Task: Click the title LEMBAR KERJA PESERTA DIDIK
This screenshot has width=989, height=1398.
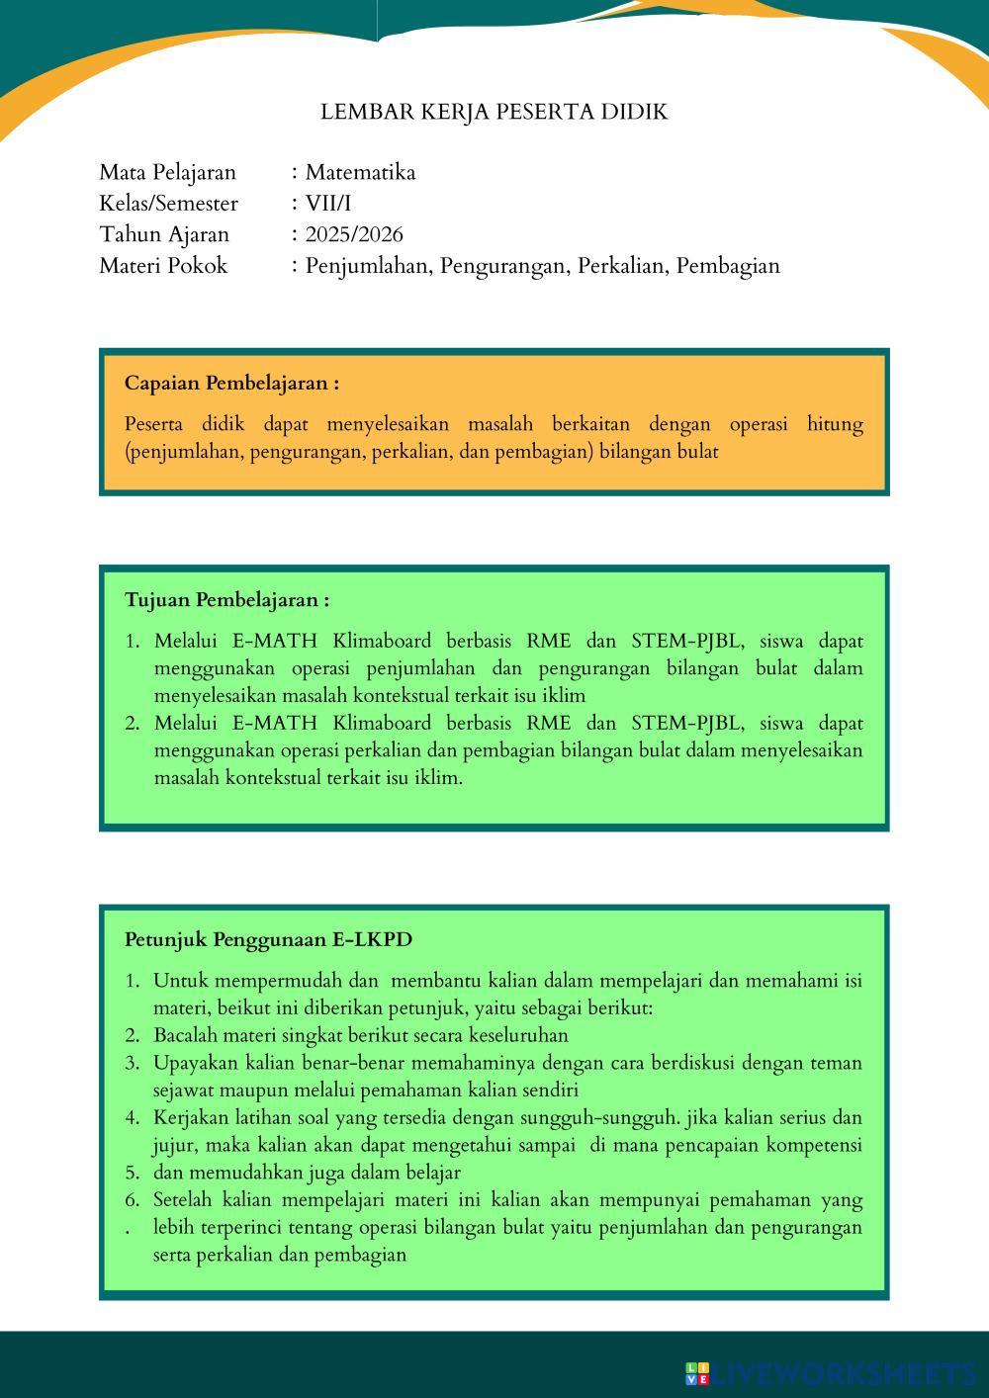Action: coord(494,112)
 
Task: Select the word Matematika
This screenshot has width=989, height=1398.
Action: coord(360,172)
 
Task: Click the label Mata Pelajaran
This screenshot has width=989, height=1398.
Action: coord(167,172)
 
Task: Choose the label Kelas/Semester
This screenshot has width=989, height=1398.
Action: coord(168,204)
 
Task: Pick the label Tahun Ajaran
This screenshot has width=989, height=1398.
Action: coord(163,234)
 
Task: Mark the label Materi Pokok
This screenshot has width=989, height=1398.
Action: coord(162,266)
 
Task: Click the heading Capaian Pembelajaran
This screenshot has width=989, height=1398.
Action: coord(231,383)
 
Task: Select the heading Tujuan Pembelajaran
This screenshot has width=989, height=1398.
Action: coord(226,599)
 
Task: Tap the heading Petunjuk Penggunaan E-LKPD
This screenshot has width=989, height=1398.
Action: coord(268,939)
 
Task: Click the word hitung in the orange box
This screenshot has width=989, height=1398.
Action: coord(835,424)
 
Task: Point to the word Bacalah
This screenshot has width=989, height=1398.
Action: coord(185,1035)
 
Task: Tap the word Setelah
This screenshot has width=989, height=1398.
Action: coord(183,1200)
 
